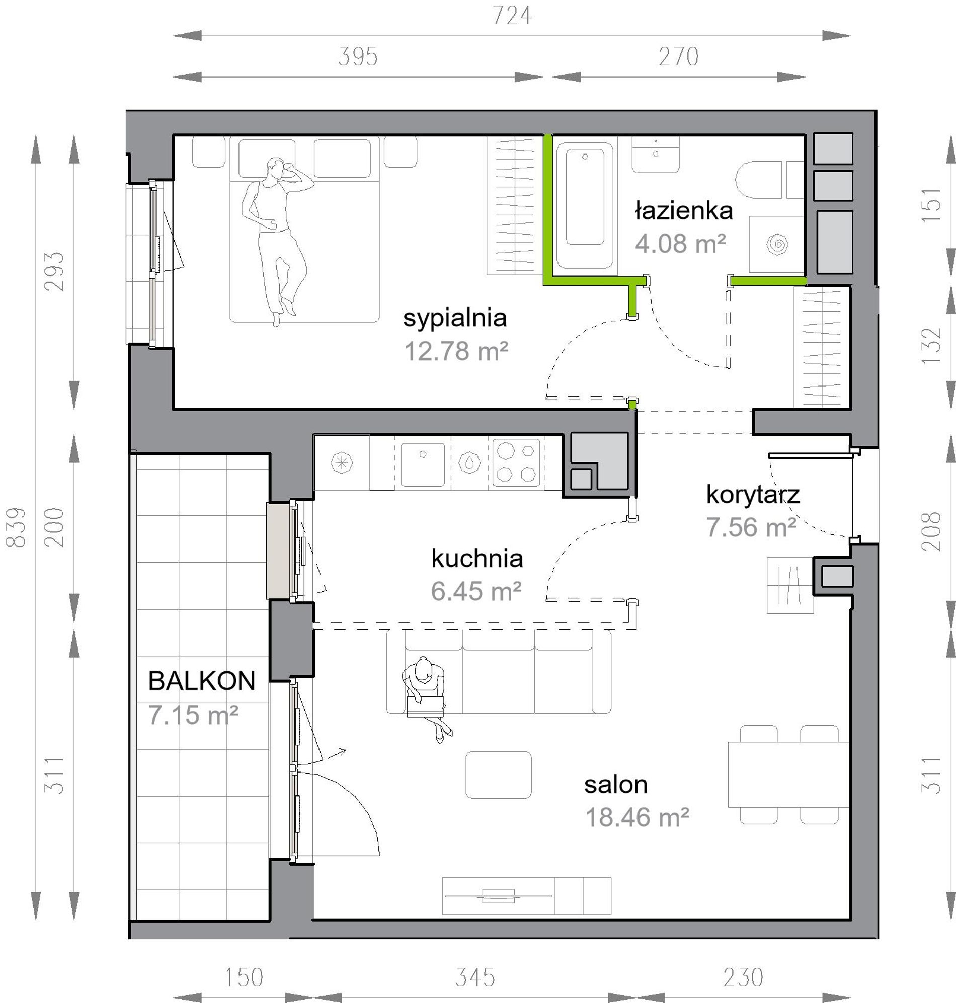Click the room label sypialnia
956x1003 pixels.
[x=454, y=319]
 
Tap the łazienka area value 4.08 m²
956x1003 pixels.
[x=680, y=244]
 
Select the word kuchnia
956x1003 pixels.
[x=477, y=559]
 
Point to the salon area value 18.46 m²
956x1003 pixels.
[x=637, y=817]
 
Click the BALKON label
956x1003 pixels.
[x=202, y=681]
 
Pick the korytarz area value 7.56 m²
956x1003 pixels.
[x=751, y=527]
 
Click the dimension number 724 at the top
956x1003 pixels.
[x=512, y=16]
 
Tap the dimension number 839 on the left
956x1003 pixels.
[x=16, y=527]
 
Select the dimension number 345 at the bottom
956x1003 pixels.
[x=474, y=977]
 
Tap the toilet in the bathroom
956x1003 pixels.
[x=759, y=180]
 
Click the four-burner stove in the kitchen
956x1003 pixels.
[x=516, y=462]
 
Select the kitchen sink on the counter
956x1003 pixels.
[x=423, y=465]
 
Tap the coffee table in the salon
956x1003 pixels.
[x=499, y=774]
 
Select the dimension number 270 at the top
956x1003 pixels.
[x=678, y=56]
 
